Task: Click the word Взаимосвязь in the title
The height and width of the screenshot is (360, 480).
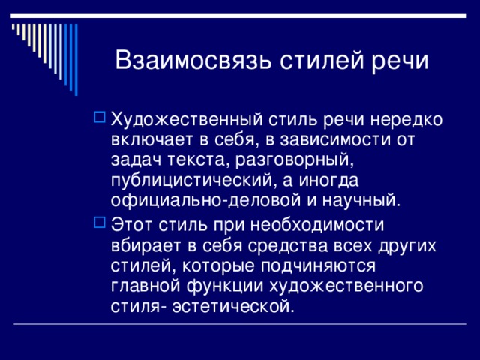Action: click(x=193, y=59)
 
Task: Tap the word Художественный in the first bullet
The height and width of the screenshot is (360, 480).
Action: click(x=187, y=120)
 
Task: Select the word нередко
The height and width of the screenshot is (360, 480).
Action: click(x=406, y=119)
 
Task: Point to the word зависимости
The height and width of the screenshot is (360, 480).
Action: click(x=336, y=139)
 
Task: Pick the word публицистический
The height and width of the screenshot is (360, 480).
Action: click(x=192, y=181)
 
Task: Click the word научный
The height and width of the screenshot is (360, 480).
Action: click(x=361, y=201)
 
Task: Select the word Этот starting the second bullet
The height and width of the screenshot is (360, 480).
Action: click(x=131, y=225)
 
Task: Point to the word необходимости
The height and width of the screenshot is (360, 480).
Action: click(x=317, y=225)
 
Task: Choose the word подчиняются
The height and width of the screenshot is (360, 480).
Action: click(x=318, y=266)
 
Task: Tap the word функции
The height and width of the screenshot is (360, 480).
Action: click(x=225, y=286)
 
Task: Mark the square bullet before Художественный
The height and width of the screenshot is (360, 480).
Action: click(x=100, y=117)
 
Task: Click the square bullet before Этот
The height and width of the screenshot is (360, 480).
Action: click(x=100, y=223)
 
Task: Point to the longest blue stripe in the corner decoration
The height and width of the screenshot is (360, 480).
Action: click(x=76, y=60)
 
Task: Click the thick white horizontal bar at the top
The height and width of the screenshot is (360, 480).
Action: click(x=238, y=16)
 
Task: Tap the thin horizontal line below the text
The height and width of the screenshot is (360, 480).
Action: click(x=240, y=323)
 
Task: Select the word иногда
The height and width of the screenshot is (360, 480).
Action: click(x=328, y=181)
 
